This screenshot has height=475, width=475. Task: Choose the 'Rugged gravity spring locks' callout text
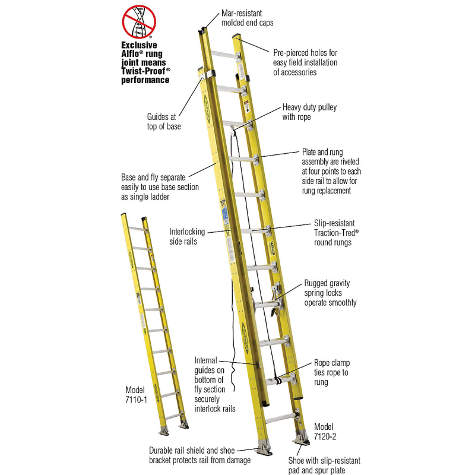[x=330, y=293]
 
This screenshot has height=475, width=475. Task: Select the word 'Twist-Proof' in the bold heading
[x=144, y=70]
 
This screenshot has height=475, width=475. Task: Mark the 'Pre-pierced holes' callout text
[x=305, y=62]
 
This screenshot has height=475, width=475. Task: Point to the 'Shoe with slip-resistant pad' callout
[x=324, y=465]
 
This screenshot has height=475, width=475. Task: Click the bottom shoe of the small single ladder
[x=164, y=429]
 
